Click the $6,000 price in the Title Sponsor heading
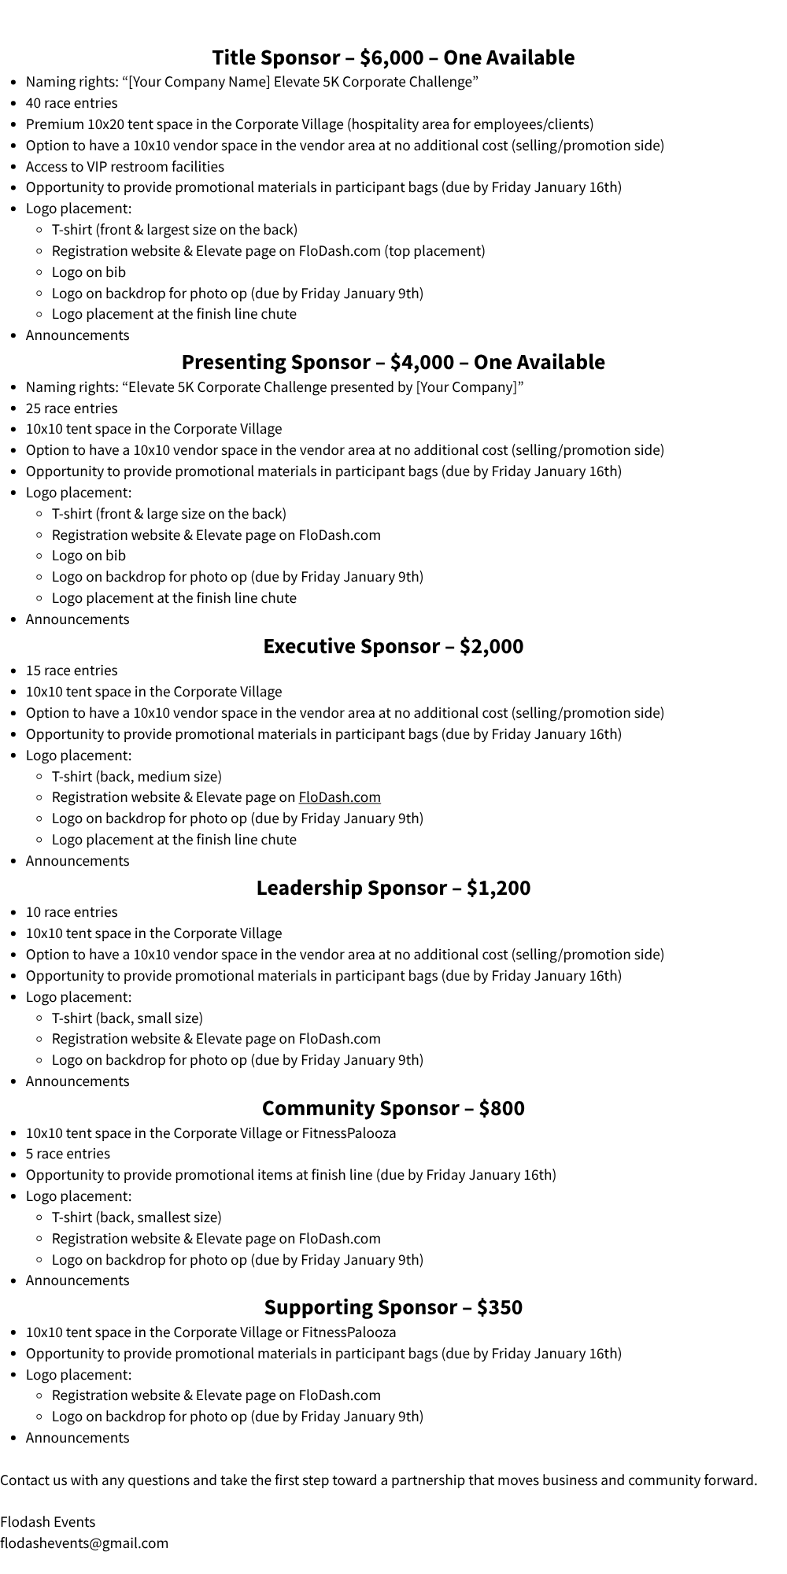(391, 57)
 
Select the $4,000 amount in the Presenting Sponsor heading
(422, 362)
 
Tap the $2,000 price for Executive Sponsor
(491, 646)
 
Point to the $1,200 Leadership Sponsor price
(498, 888)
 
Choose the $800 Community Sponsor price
(501, 1108)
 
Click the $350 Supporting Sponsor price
(499, 1307)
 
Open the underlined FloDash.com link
(339, 797)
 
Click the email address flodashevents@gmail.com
(84, 1543)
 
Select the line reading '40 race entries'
(72, 103)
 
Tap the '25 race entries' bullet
(72, 408)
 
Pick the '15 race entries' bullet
(72, 671)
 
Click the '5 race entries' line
(68, 1154)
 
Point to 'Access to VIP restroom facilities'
(125, 167)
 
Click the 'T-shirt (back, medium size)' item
(137, 777)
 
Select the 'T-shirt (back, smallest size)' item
(137, 1217)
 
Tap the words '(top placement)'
(434, 251)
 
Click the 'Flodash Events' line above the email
(47, 1521)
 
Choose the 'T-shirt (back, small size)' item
(127, 1018)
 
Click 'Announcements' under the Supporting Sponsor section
(77, 1438)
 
